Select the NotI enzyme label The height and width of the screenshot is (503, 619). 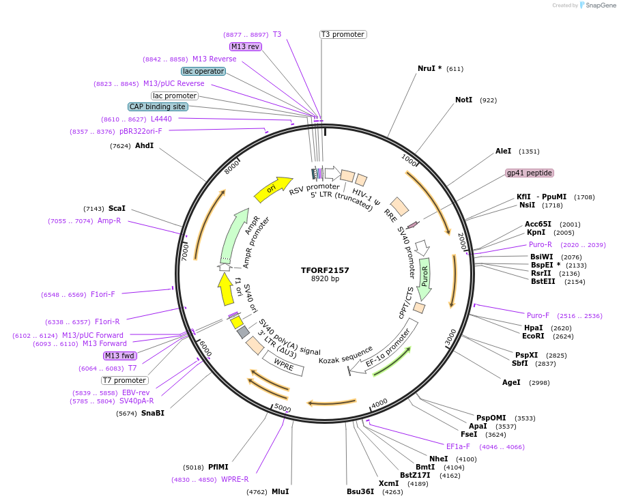[x=463, y=100]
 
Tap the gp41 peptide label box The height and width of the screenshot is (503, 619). [x=529, y=173]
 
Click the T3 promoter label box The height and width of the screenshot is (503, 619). [x=343, y=34]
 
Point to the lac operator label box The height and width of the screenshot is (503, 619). [x=203, y=71]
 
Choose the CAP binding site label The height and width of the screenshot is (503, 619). [x=157, y=106]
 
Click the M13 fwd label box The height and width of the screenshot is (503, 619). [x=120, y=356]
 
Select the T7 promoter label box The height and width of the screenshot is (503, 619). [x=124, y=380]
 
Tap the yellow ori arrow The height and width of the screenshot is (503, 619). [x=269, y=190]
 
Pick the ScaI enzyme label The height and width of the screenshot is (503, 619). [x=117, y=208]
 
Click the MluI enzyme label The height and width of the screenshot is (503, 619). [x=280, y=491]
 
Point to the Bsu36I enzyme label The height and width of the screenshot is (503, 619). [x=360, y=491]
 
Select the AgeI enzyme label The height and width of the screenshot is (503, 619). [x=511, y=382]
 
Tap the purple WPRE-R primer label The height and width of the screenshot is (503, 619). [x=235, y=479]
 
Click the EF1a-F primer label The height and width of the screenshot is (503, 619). [x=458, y=446]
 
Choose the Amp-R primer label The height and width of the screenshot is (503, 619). [x=109, y=221]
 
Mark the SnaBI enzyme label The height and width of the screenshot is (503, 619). [x=153, y=413]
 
